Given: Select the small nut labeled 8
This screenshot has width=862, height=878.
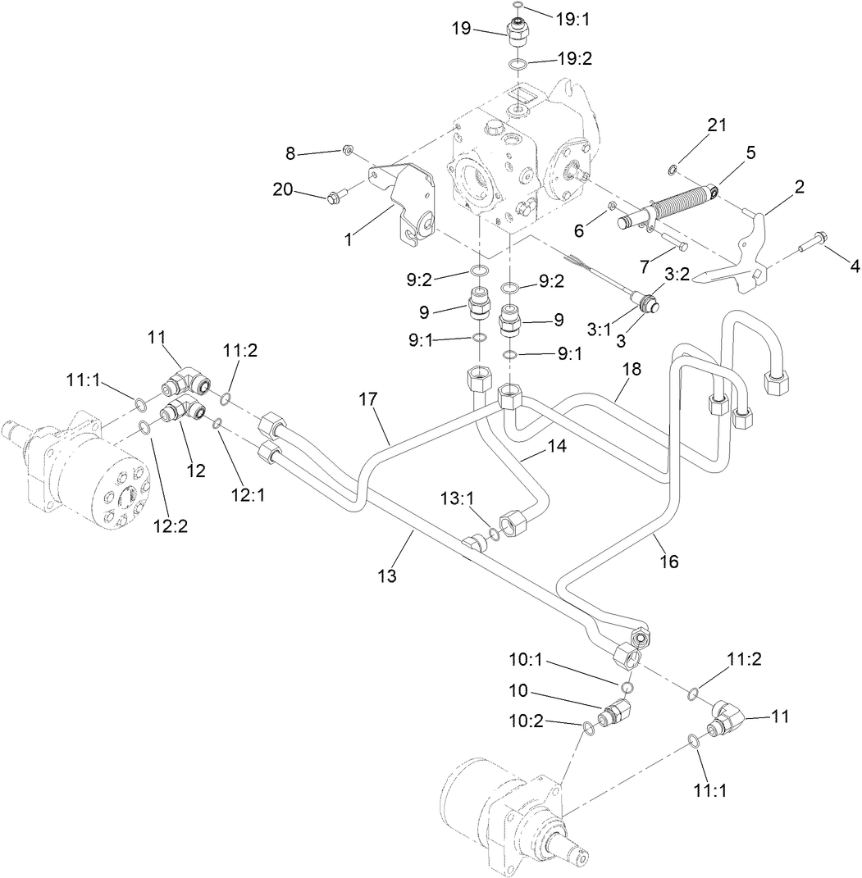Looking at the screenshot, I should click(x=348, y=150).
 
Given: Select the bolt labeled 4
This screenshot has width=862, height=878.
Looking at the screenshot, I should click(x=814, y=242).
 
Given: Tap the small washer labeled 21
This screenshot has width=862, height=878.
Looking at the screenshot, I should click(x=673, y=170).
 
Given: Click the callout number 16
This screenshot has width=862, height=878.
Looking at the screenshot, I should click(x=668, y=562).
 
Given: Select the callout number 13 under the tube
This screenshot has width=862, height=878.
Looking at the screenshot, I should click(x=387, y=576).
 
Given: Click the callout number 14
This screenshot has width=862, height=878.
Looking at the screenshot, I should click(x=535, y=448).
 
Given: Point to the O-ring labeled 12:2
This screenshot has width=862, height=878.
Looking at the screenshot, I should click(x=144, y=425).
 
